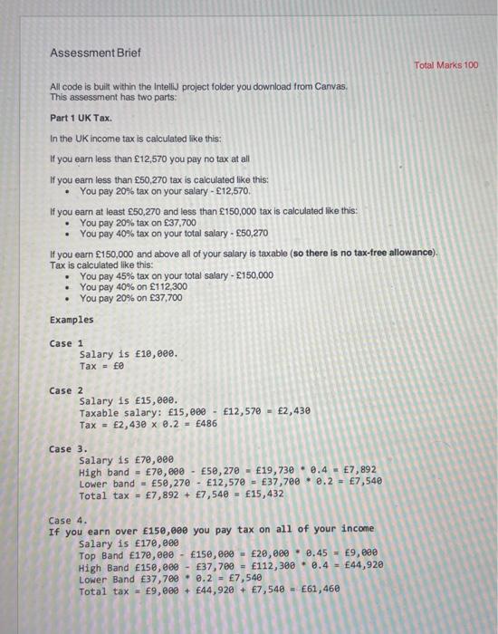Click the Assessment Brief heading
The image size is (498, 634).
(x=95, y=53)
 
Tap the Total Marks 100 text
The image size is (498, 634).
(x=446, y=65)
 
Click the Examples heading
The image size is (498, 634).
(x=72, y=319)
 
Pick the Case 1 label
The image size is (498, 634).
(x=66, y=343)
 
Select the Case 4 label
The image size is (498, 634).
(x=68, y=520)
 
